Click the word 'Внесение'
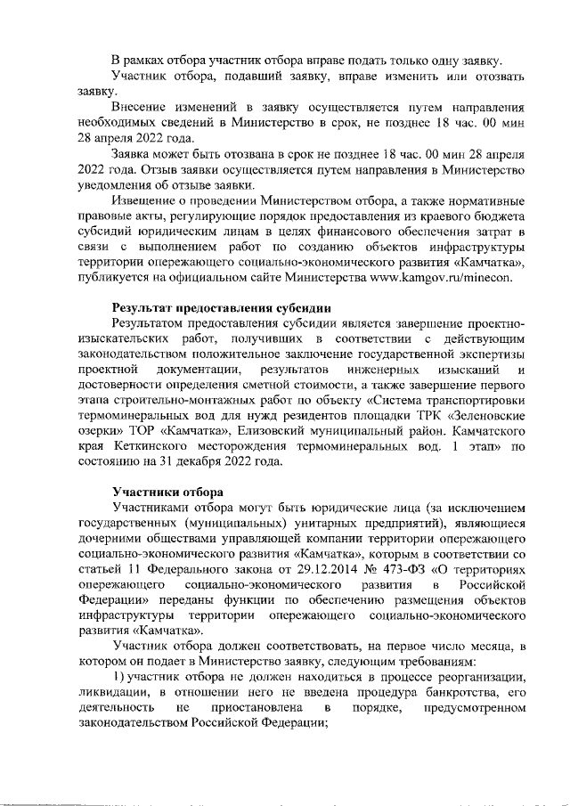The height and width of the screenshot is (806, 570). point(142,108)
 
